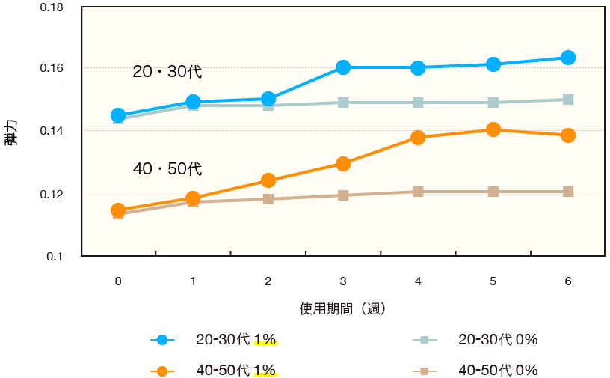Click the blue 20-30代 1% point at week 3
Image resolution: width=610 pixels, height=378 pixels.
343,67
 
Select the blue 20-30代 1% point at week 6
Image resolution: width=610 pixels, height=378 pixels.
567,58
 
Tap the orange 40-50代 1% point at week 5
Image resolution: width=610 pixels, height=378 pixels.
493,129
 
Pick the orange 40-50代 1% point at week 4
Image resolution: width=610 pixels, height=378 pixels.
418,138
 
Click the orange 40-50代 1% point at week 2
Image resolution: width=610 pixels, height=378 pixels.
268,180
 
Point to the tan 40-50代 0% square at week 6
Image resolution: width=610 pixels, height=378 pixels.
567,192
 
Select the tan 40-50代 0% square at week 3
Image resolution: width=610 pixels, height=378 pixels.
343,195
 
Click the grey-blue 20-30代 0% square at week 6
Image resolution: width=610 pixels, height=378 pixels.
567,100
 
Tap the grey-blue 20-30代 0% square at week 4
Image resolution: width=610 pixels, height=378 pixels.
418,103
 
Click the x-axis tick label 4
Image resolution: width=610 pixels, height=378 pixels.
418,281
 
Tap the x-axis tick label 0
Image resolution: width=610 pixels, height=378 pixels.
118,281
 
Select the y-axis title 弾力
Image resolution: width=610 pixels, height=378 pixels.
10,131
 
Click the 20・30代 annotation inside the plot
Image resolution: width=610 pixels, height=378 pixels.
167,73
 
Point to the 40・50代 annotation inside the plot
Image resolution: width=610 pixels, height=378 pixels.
167,169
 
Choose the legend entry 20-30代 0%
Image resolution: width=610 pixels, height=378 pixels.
497,340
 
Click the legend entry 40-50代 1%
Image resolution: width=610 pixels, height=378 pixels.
235,371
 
